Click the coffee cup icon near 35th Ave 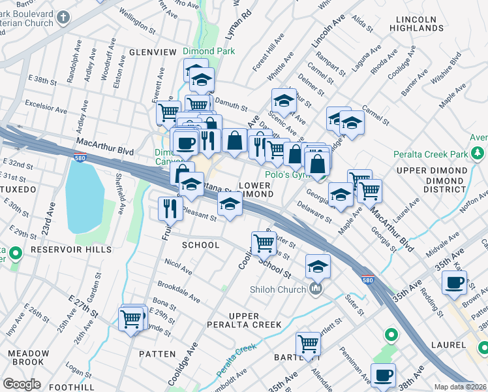(453, 283)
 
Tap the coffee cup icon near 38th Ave (383, 375)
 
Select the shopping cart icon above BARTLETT (307, 344)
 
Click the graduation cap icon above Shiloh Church (317, 266)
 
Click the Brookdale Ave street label (179, 291)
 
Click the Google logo (22, 384)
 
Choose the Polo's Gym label (286, 175)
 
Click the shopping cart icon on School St (264, 242)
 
